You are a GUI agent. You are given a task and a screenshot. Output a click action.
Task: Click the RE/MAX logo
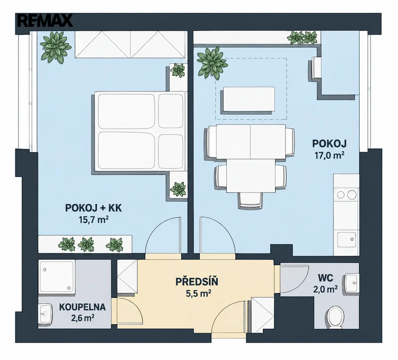[x=45, y=21]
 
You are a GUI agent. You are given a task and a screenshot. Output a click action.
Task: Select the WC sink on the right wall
[x=352, y=283]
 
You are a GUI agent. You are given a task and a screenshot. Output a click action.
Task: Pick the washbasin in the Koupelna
[x=45, y=314]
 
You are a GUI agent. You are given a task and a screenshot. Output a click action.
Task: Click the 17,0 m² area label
[x=329, y=155]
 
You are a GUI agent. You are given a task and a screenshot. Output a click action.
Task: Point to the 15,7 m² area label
[x=94, y=219]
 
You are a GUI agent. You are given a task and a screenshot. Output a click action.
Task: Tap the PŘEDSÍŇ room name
[x=197, y=282]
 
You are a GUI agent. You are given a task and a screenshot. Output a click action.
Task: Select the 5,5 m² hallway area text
[x=199, y=293]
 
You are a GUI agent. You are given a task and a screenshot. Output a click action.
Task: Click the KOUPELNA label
[x=82, y=307]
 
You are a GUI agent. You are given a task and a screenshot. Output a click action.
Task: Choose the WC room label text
[x=325, y=278]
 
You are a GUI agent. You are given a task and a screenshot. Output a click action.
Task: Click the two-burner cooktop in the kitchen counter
[x=346, y=195]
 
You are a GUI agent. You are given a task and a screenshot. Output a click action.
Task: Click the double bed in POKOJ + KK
[x=138, y=130]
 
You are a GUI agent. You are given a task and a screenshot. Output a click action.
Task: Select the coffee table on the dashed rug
[x=249, y=99]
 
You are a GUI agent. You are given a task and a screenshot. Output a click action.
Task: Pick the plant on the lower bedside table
[x=178, y=189]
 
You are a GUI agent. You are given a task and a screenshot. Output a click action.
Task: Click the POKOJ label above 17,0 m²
[x=329, y=144]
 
